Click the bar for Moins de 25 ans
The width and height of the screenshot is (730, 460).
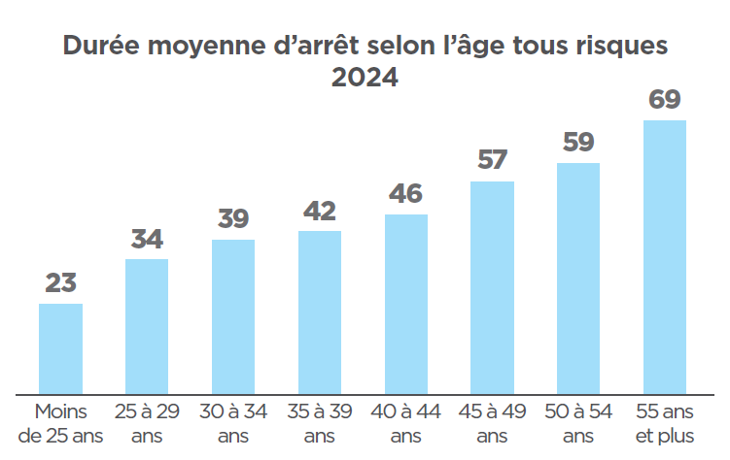(x=60, y=348)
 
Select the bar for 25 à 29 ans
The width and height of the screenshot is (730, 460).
(x=147, y=326)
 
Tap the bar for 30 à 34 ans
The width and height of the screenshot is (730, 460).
(x=233, y=316)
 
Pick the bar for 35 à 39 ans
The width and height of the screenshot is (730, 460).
(x=319, y=312)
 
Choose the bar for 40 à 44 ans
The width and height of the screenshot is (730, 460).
(x=406, y=304)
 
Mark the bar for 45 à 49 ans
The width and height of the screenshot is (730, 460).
(x=492, y=287)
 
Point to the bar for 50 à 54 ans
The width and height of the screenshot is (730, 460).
(x=578, y=279)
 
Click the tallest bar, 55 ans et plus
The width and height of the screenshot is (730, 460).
(x=665, y=257)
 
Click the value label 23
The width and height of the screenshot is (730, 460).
(x=60, y=283)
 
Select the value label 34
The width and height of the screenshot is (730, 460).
(x=147, y=239)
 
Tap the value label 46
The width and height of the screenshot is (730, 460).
(x=406, y=194)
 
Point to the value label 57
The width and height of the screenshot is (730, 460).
(x=492, y=160)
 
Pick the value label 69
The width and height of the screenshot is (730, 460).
(x=665, y=100)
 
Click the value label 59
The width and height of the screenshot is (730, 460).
(x=578, y=143)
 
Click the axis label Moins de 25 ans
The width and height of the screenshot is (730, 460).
(x=60, y=423)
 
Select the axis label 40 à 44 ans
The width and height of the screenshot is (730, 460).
(x=406, y=423)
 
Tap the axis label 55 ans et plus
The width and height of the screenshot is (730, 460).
(x=665, y=423)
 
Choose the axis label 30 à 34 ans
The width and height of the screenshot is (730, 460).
(x=233, y=423)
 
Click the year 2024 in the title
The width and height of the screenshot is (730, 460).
(x=365, y=78)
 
